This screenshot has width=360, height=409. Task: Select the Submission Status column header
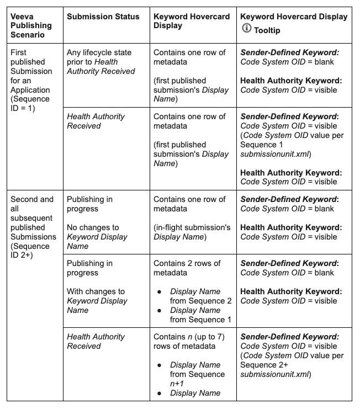pos(103,17)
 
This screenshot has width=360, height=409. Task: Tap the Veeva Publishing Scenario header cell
pos(31,25)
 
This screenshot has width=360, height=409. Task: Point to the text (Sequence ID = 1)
pos(31,103)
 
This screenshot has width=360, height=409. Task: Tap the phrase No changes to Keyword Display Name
pos(97,237)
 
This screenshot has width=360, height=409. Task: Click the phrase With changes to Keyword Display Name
pos(97,301)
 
